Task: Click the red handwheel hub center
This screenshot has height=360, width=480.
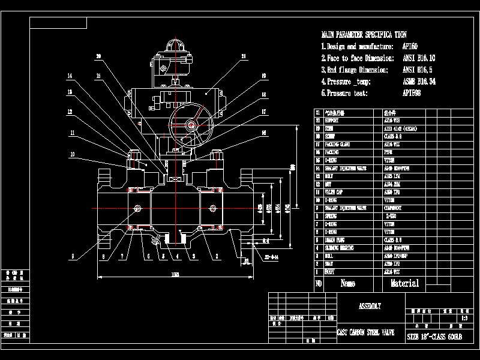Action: [x=191, y=125]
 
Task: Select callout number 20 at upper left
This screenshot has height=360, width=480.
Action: [x=98, y=57]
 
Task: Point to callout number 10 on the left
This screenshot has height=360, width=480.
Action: [x=72, y=154]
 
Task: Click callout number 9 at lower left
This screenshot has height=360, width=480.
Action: [x=72, y=256]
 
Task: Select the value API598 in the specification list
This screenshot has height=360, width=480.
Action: [x=412, y=94]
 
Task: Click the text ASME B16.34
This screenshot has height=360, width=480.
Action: [x=419, y=82]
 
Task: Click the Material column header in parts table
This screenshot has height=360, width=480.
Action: [x=404, y=283]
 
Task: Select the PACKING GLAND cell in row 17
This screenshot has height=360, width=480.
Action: [x=338, y=145]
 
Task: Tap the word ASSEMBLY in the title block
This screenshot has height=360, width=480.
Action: [x=370, y=306]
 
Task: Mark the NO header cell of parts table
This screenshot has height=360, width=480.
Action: [x=319, y=283]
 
